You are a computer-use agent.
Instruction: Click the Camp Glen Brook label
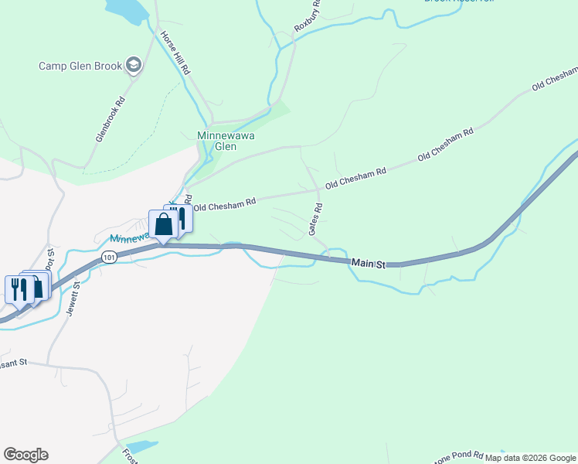tap(80, 66)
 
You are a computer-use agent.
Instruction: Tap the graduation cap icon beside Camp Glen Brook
tap(134, 66)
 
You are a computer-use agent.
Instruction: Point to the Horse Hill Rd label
tap(175, 53)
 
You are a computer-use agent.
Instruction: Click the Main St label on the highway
tap(368, 264)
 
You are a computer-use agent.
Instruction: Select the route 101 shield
tap(109, 256)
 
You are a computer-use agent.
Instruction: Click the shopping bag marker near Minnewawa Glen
tap(163, 224)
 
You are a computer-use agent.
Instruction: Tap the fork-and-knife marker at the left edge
tap(16, 289)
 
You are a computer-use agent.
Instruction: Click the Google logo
tap(25, 455)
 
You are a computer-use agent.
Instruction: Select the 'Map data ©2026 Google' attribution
tap(530, 458)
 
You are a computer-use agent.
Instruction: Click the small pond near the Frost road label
tap(141, 447)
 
